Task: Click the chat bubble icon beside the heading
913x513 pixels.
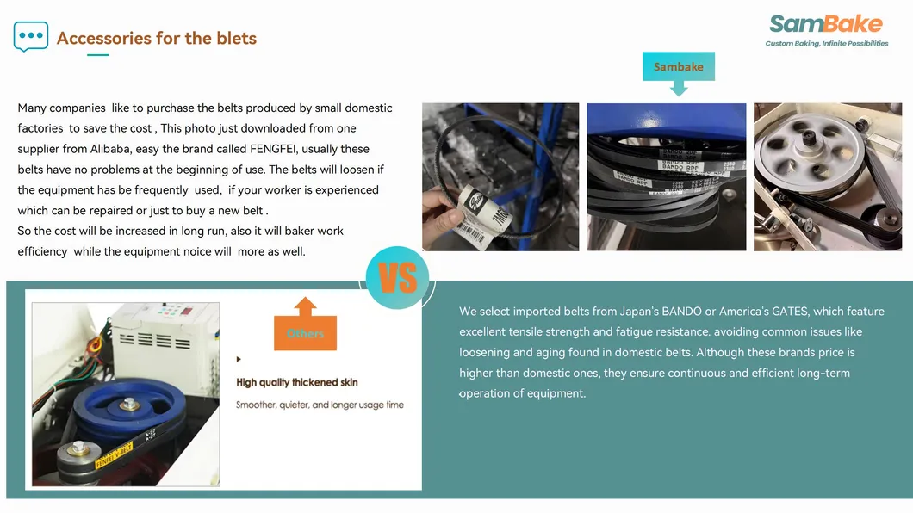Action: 31,36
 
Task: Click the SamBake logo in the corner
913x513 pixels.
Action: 825,24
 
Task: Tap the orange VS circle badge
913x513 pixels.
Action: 397,278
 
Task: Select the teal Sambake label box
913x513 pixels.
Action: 678,67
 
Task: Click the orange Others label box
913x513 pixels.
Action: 305,333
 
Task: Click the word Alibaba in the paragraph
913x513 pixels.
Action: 115,149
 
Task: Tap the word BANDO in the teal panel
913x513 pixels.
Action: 682,312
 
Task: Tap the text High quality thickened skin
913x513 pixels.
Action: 297,382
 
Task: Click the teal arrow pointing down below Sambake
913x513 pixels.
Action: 679,88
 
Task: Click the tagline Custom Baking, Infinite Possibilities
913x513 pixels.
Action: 827,44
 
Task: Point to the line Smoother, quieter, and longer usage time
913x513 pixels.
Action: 320,405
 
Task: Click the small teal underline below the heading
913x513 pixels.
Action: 97,55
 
